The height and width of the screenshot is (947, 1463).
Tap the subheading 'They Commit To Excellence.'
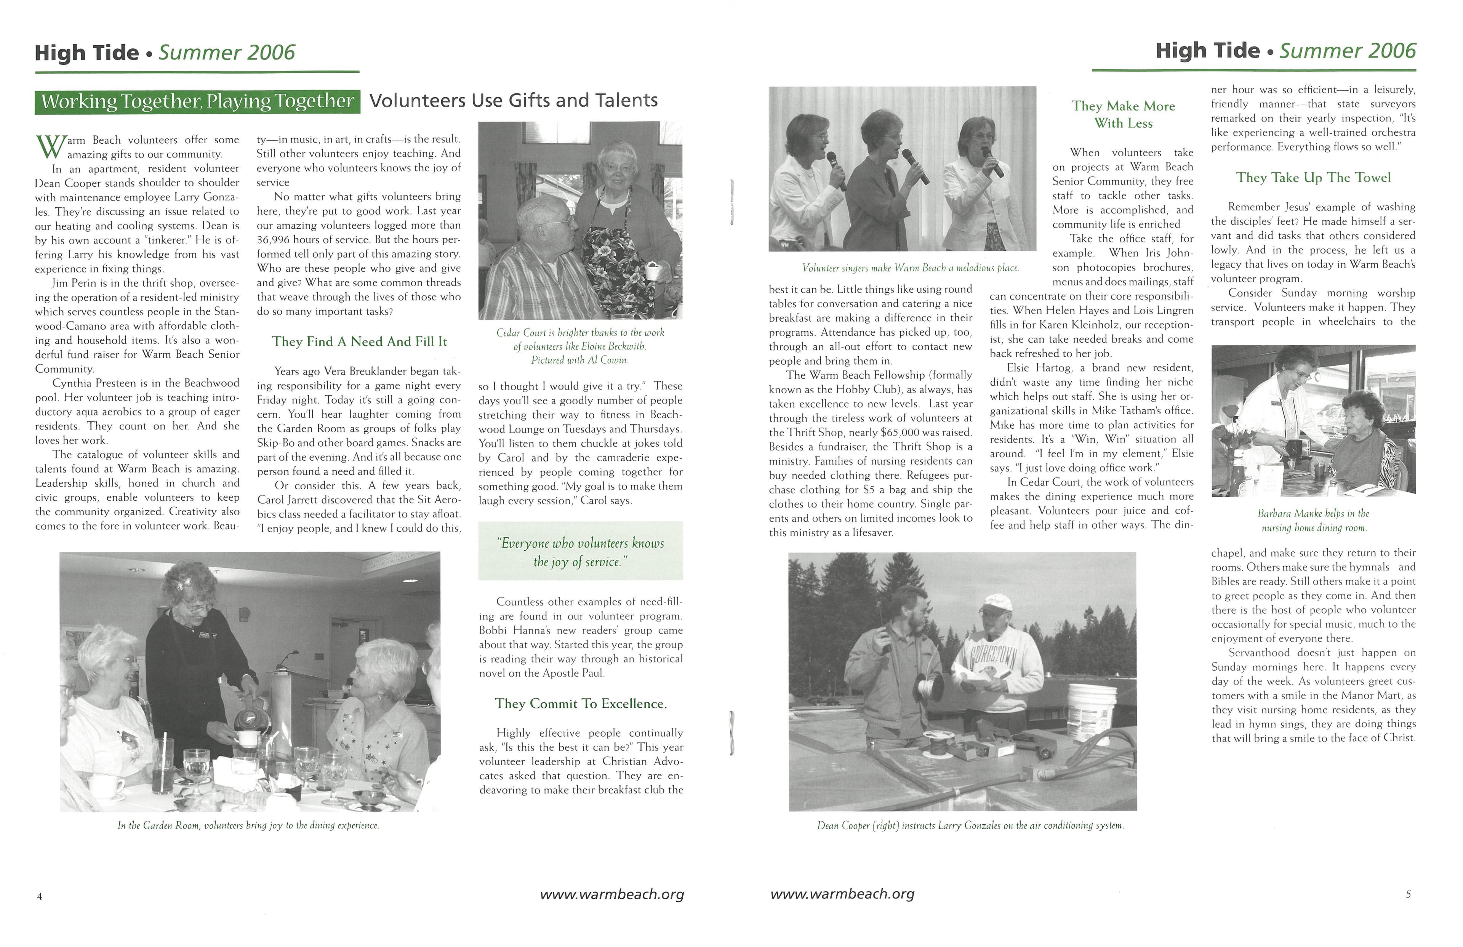580,703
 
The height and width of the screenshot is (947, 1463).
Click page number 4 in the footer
39,896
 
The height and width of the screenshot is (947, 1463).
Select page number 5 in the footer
1408,895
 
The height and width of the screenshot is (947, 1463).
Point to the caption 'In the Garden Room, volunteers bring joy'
248,825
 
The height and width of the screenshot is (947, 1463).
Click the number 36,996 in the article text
275,240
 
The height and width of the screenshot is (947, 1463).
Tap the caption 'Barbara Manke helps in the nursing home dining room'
1313,520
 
